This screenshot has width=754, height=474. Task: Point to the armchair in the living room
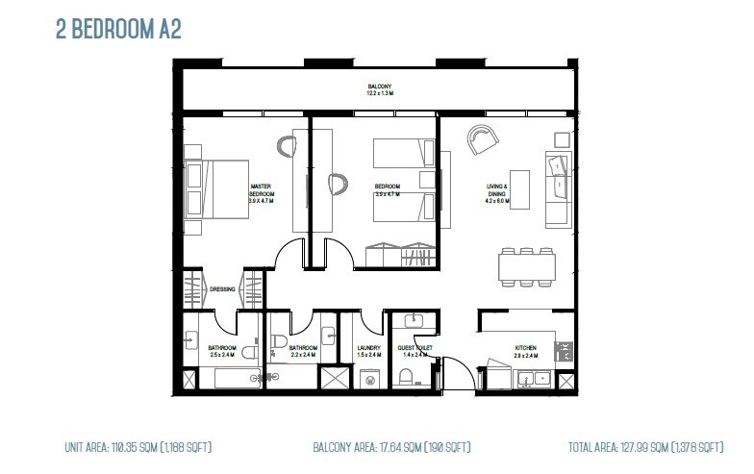(x=479, y=138)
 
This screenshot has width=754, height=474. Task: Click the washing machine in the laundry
(x=371, y=379)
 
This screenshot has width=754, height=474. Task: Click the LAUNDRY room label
(x=369, y=349)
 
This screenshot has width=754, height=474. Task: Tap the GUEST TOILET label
(x=415, y=349)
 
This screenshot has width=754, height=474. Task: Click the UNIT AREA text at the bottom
(x=138, y=447)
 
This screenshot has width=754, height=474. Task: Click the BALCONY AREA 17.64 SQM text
(x=391, y=447)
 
